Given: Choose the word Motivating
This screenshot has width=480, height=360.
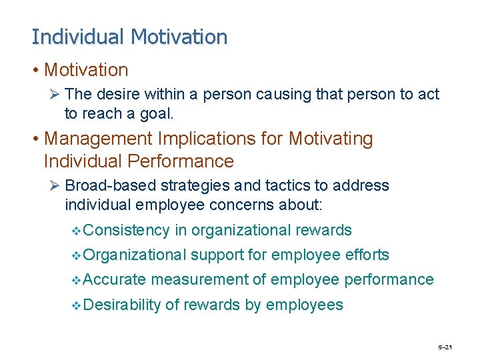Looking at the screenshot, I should pos(331,139).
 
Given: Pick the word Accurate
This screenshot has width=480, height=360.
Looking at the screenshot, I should pos(115,280).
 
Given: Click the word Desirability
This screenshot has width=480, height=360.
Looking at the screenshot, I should pos(123,305).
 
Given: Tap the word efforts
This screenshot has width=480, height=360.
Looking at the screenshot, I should pos(368,255).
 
